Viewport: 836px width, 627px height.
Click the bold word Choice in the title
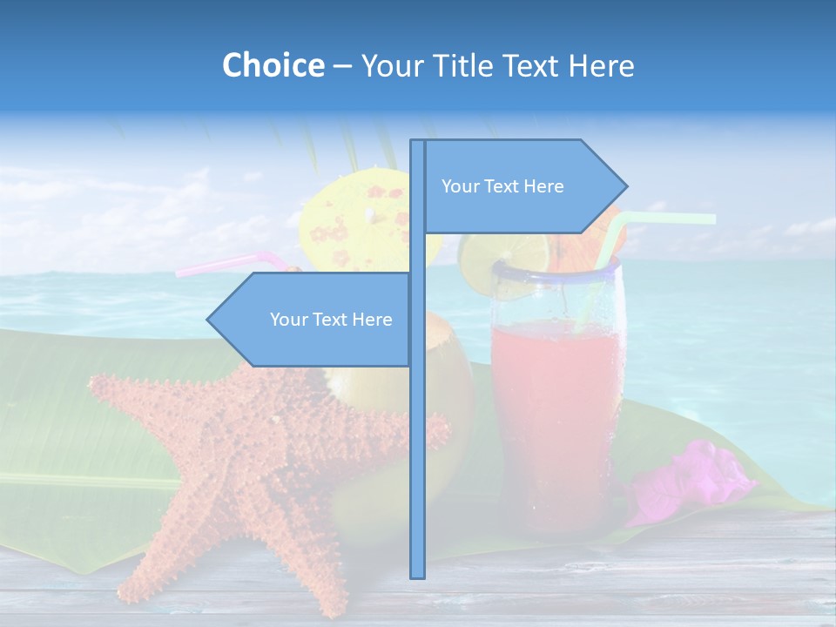pos(273,65)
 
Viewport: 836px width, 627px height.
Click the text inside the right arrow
pos(502,186)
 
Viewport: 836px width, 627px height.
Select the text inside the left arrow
pos(331,320)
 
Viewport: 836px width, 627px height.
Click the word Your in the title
pos(389,65)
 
